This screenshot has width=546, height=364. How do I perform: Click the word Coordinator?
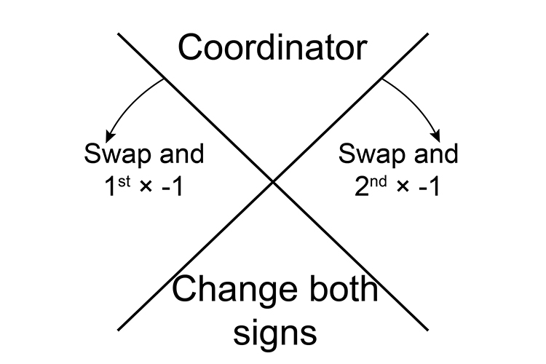pyautogui.click(x=272, y=48)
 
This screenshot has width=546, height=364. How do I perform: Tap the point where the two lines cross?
pyautogui.click(x=273, y=181)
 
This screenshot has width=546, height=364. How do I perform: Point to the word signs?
pyautogui.click(x=275, y=332)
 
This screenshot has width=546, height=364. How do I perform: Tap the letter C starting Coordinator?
pyautogui.click(x=191, y=48)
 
